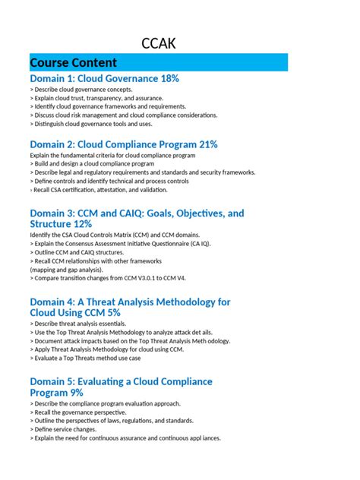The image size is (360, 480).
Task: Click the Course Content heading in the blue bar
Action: pos(73,62)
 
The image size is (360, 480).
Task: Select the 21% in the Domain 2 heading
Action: pos(205,144)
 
